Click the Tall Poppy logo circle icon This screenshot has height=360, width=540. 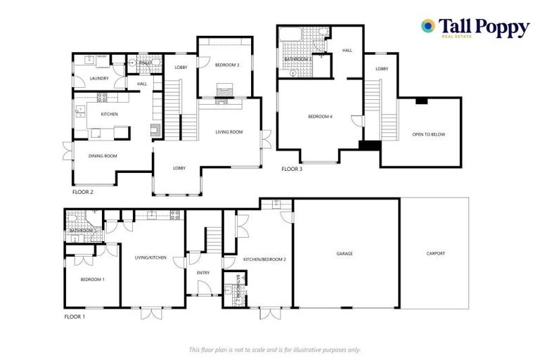427,27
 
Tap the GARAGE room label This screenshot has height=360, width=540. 345,253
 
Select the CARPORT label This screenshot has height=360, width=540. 435,253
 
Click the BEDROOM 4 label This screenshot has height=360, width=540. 320,117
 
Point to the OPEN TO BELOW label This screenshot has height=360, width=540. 428,134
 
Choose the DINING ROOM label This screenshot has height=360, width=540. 103,156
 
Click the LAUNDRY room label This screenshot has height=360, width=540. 99,78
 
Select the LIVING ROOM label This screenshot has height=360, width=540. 229,131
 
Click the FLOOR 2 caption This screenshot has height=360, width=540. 82,191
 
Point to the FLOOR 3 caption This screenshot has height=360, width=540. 292,169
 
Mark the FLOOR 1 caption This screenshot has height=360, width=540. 74,317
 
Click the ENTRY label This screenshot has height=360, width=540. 203,273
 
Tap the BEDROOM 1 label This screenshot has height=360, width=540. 92,279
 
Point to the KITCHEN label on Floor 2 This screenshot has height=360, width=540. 109,114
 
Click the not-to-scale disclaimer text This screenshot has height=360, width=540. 275,349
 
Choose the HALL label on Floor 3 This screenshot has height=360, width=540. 347,51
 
